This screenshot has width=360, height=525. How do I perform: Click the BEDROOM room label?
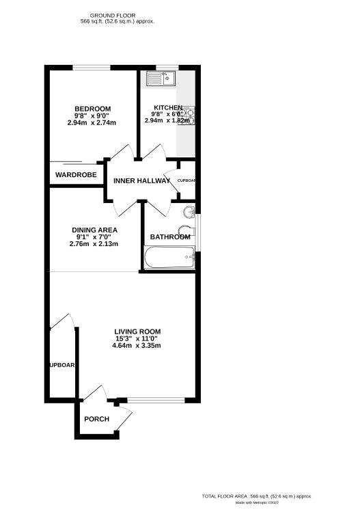coord(92,109)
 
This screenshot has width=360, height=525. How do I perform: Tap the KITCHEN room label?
coord(167,108)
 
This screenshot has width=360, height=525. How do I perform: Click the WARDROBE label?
coord(76,175)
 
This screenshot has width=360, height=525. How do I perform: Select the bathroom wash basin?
coord(190,210)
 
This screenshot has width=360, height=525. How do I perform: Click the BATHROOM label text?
coord(170,237)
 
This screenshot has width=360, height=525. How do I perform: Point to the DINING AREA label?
coord(94,230)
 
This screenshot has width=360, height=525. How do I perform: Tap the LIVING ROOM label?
coord(137,332)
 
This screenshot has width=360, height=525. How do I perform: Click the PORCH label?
coord(96,419)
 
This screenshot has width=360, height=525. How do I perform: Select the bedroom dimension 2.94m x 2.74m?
coord(92,123)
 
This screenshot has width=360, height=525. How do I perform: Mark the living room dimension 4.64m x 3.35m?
coord(137,345)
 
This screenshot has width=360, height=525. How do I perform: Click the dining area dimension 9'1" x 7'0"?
coord(94,237)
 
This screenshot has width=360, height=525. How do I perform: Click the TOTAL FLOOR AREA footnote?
coord(257,496)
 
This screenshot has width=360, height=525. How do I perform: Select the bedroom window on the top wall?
coord(92,66)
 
